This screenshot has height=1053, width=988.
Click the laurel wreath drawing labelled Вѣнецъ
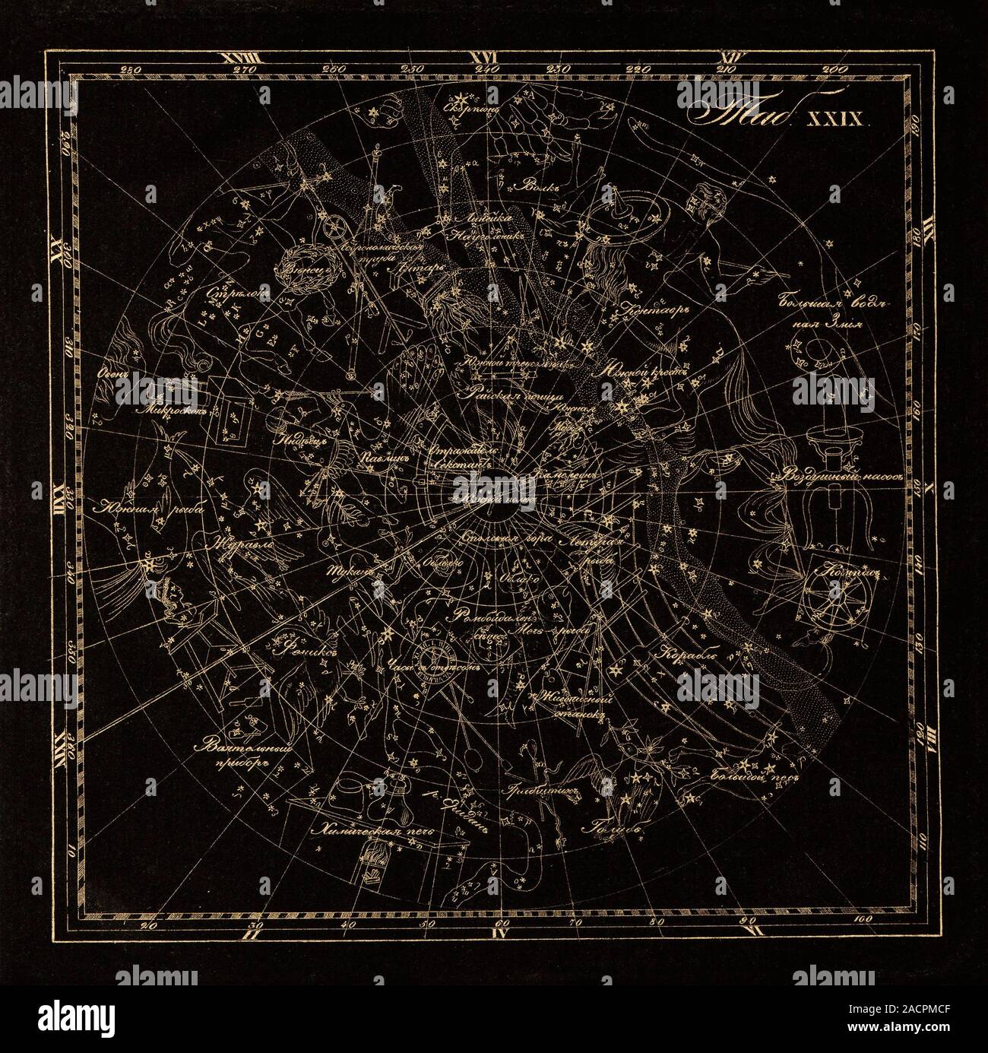296,268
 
